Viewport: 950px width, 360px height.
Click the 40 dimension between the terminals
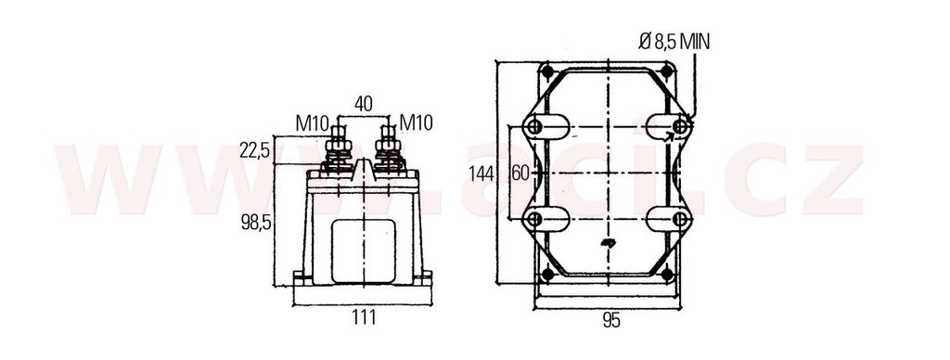tap(363, 104)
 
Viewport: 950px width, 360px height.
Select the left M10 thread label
tap(312, 123)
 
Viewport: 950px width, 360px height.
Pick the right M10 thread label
tap(417, 123)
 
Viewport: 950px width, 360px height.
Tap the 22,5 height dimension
tap(254, 149)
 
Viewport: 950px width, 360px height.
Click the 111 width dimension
tap(363, 316)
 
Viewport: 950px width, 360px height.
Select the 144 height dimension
tap(481, 174)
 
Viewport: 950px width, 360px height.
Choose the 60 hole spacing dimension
tap(520, 174)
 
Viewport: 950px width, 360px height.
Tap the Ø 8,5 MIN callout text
tap(674, 42)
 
